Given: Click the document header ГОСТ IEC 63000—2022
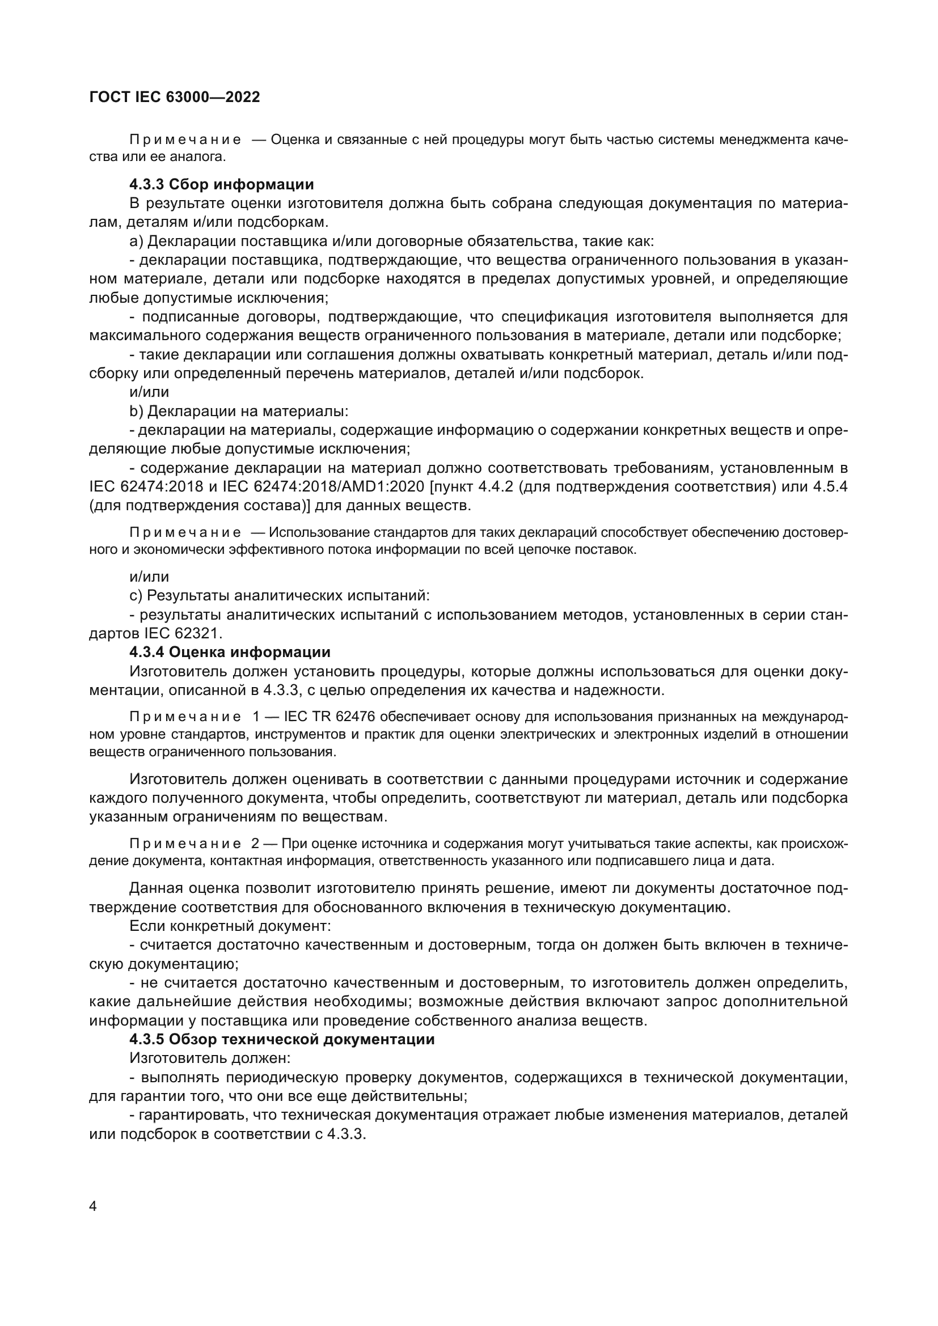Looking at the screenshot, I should (x=175, y=97).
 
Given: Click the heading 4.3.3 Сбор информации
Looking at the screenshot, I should (x=221, y=184).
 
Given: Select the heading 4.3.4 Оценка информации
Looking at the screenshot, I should (x=230, y=652).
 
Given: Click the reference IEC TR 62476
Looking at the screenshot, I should (x=330, y=717).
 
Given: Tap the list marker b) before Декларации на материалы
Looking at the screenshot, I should (x=136, y=411).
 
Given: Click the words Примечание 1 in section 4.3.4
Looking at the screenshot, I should (x=193, y=717).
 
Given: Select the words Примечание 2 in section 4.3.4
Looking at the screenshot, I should (x=193, y=844).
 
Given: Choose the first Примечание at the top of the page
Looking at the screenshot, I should (x=185, y=140).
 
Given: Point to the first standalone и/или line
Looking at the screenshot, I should (x=149, y=392).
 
